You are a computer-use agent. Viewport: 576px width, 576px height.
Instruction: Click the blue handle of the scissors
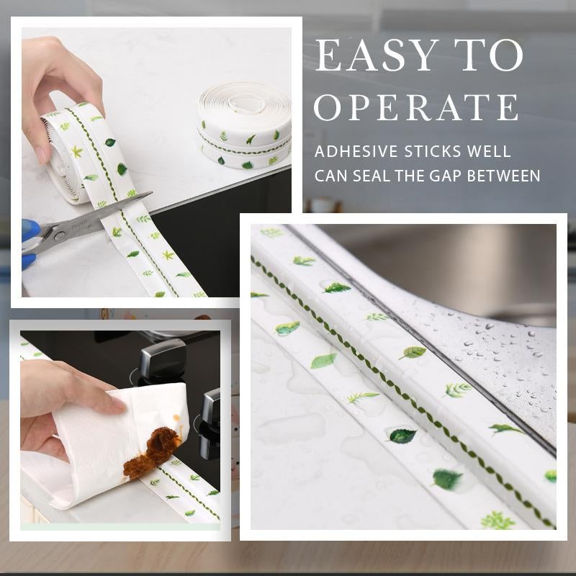point(29,241)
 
